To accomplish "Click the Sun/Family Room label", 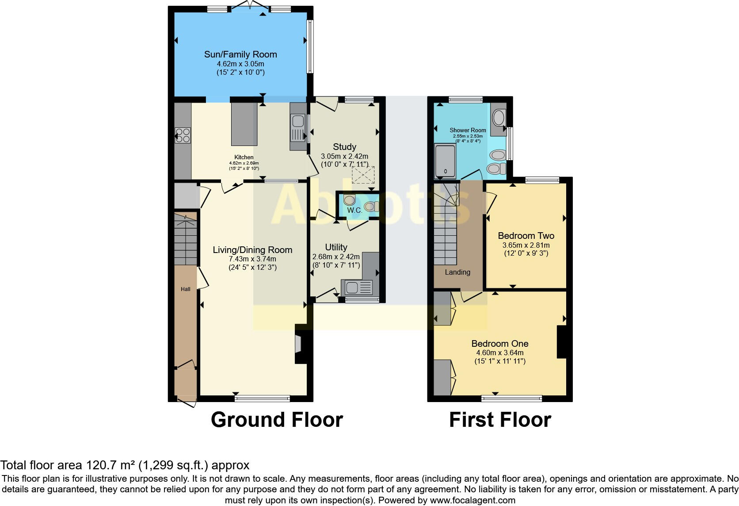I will click(x=240, y=54).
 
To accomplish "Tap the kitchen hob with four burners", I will click(x=183, y=135).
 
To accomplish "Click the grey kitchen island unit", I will click(x=244, y=124).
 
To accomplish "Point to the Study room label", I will click(x=344, y=147).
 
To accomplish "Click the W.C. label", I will click(x=354, y=211).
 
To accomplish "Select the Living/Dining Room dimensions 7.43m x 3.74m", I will click(x=252, y=259).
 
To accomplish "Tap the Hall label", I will click(x=185, y=289).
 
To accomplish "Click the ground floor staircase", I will click(x=185, y=241).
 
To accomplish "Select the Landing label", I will click(x=457, y=272).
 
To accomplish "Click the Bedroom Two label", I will click(x=526, y=236).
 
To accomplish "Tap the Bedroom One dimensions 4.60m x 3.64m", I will click(x=499, y=353).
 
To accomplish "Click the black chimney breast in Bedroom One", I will click(x=562, y=342).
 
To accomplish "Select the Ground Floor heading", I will click(x=277, y=420).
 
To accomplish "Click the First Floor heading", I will click(x=500, y=420).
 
